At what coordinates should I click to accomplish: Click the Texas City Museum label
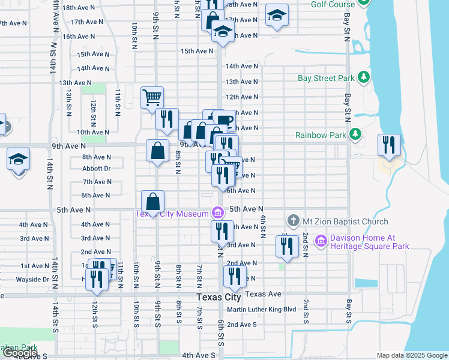(x=170, y=214)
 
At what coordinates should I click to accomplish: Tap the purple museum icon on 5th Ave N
(x=217, y=212)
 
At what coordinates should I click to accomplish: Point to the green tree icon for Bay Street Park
(x=363, y=77)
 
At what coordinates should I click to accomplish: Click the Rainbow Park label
(x=322, y=134)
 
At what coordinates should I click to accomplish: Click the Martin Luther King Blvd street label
(x=262, y=310)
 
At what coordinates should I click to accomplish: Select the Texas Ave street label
(x=263, y=294)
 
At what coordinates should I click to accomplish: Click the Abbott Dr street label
(x=96, y=169)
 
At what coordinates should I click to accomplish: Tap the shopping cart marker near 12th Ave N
(x=152, y=97)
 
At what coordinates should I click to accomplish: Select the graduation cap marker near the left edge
(x=18, y=160)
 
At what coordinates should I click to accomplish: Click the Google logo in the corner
(x=20, y=353)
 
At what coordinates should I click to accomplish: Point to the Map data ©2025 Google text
(x=411, y=355)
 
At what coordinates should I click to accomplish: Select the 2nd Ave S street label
(x=241, y=325)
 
